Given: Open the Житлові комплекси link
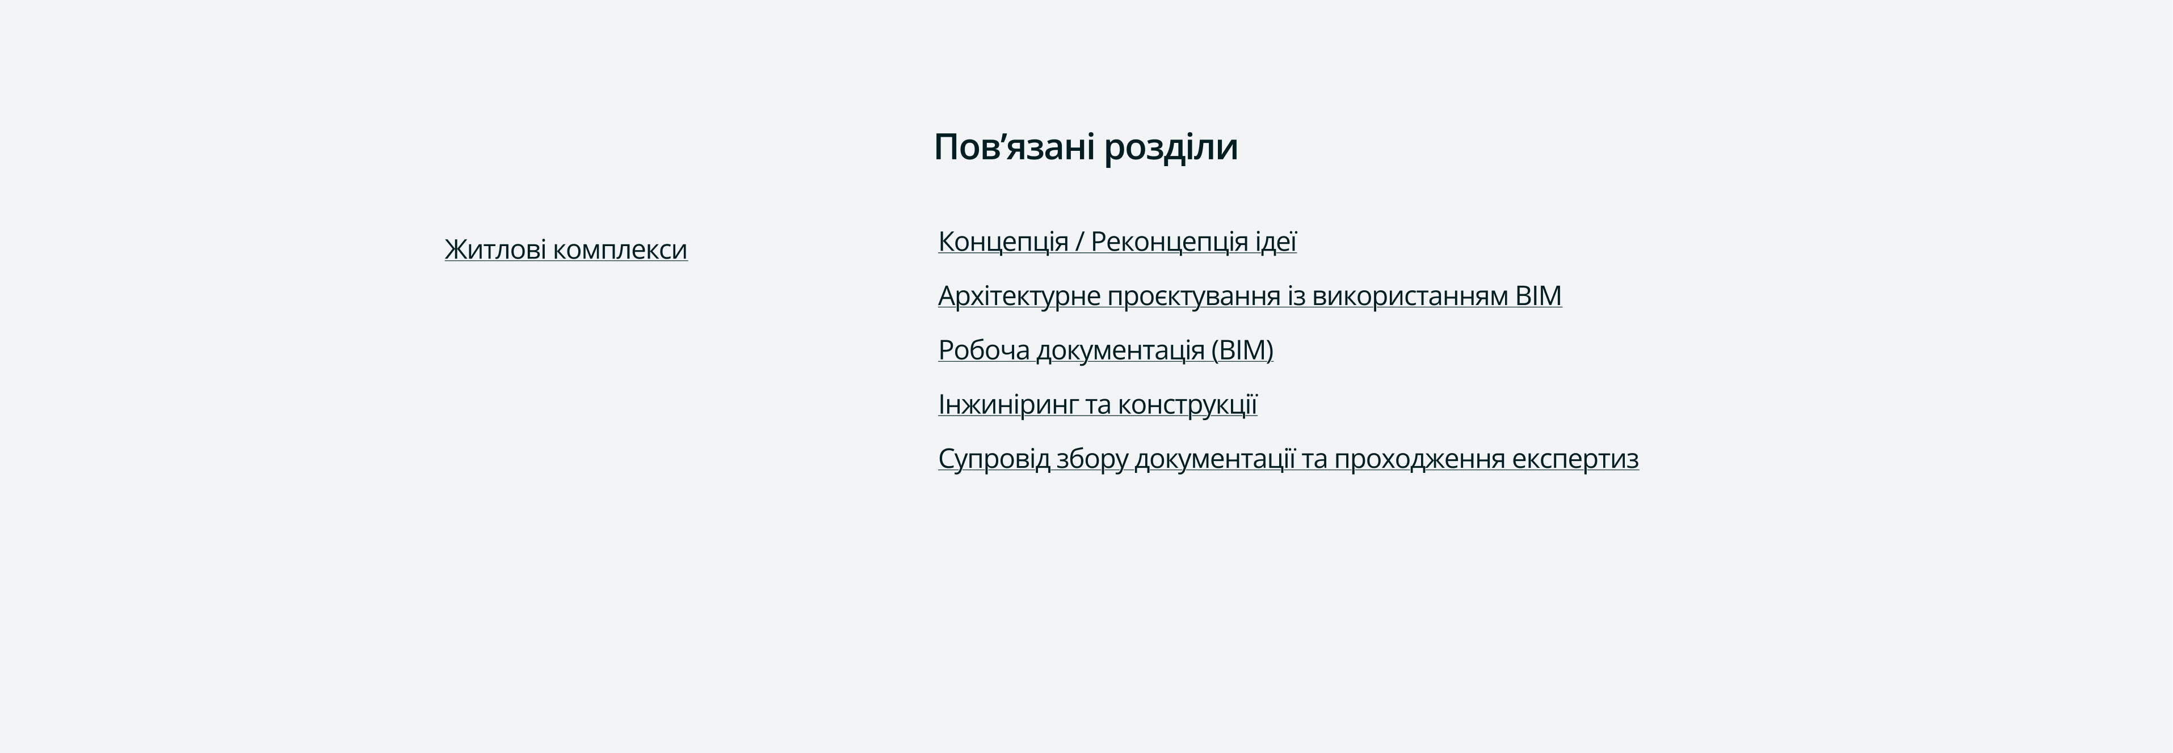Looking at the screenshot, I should pyautogui.click(x=566, y=249).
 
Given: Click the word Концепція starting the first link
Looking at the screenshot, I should pyautogui.click(x=1003, y=242).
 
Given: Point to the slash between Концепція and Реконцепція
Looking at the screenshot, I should pyautogui.click(x=1080, y=242).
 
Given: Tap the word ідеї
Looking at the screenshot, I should pyautogui.click(x=1275, y=242).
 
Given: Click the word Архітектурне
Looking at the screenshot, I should pyautogui.click(x=1019, y=296).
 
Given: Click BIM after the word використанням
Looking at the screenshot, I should pyautogui.click(x=1539, y=296).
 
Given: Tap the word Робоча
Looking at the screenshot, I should pyautogui.click(x=983, y=350).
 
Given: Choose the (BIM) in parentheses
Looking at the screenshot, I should pyautogui.click(x=1242, y=350).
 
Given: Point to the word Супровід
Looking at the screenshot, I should pyautogui.click(x=994, y=459).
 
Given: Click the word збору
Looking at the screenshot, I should pyautogui.click(x=1091, y=459).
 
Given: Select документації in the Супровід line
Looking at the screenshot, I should pyautogui.click(x=1214, y=459).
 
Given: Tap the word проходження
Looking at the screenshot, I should pyautogui.click(x=1420, y=459).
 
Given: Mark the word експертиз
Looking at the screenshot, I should pyautogui.click(x=1575, y=459).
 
